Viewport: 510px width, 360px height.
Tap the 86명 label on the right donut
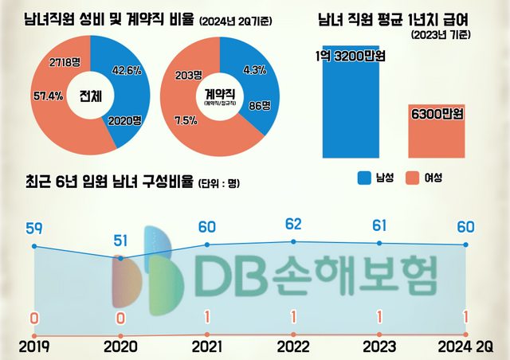click(260, 104)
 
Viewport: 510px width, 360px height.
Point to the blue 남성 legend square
click(367, 178)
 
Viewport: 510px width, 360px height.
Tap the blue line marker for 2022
click(293, 241)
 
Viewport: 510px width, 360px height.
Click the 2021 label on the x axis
click(207, 347)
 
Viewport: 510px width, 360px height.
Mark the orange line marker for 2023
click(379, 334)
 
